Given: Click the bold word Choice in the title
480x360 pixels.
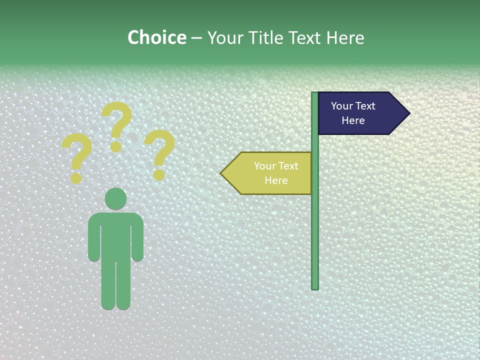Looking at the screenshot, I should tap(156, 37).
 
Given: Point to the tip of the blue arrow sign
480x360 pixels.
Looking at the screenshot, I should tap(408, 113).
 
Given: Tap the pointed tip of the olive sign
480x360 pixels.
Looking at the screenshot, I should tap(222, 173).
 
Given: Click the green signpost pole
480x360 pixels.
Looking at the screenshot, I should tap(315, 225).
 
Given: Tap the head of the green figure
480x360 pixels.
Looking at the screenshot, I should tap(115, 198).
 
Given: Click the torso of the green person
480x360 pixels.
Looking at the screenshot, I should tap(115, 235).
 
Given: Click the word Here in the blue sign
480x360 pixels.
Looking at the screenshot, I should tap(353, 120).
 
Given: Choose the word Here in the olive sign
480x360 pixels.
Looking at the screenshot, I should tap(276, 180).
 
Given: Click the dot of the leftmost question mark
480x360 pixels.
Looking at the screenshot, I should tap(76, 178).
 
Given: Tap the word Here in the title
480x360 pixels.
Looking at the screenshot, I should tap(345, 38).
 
